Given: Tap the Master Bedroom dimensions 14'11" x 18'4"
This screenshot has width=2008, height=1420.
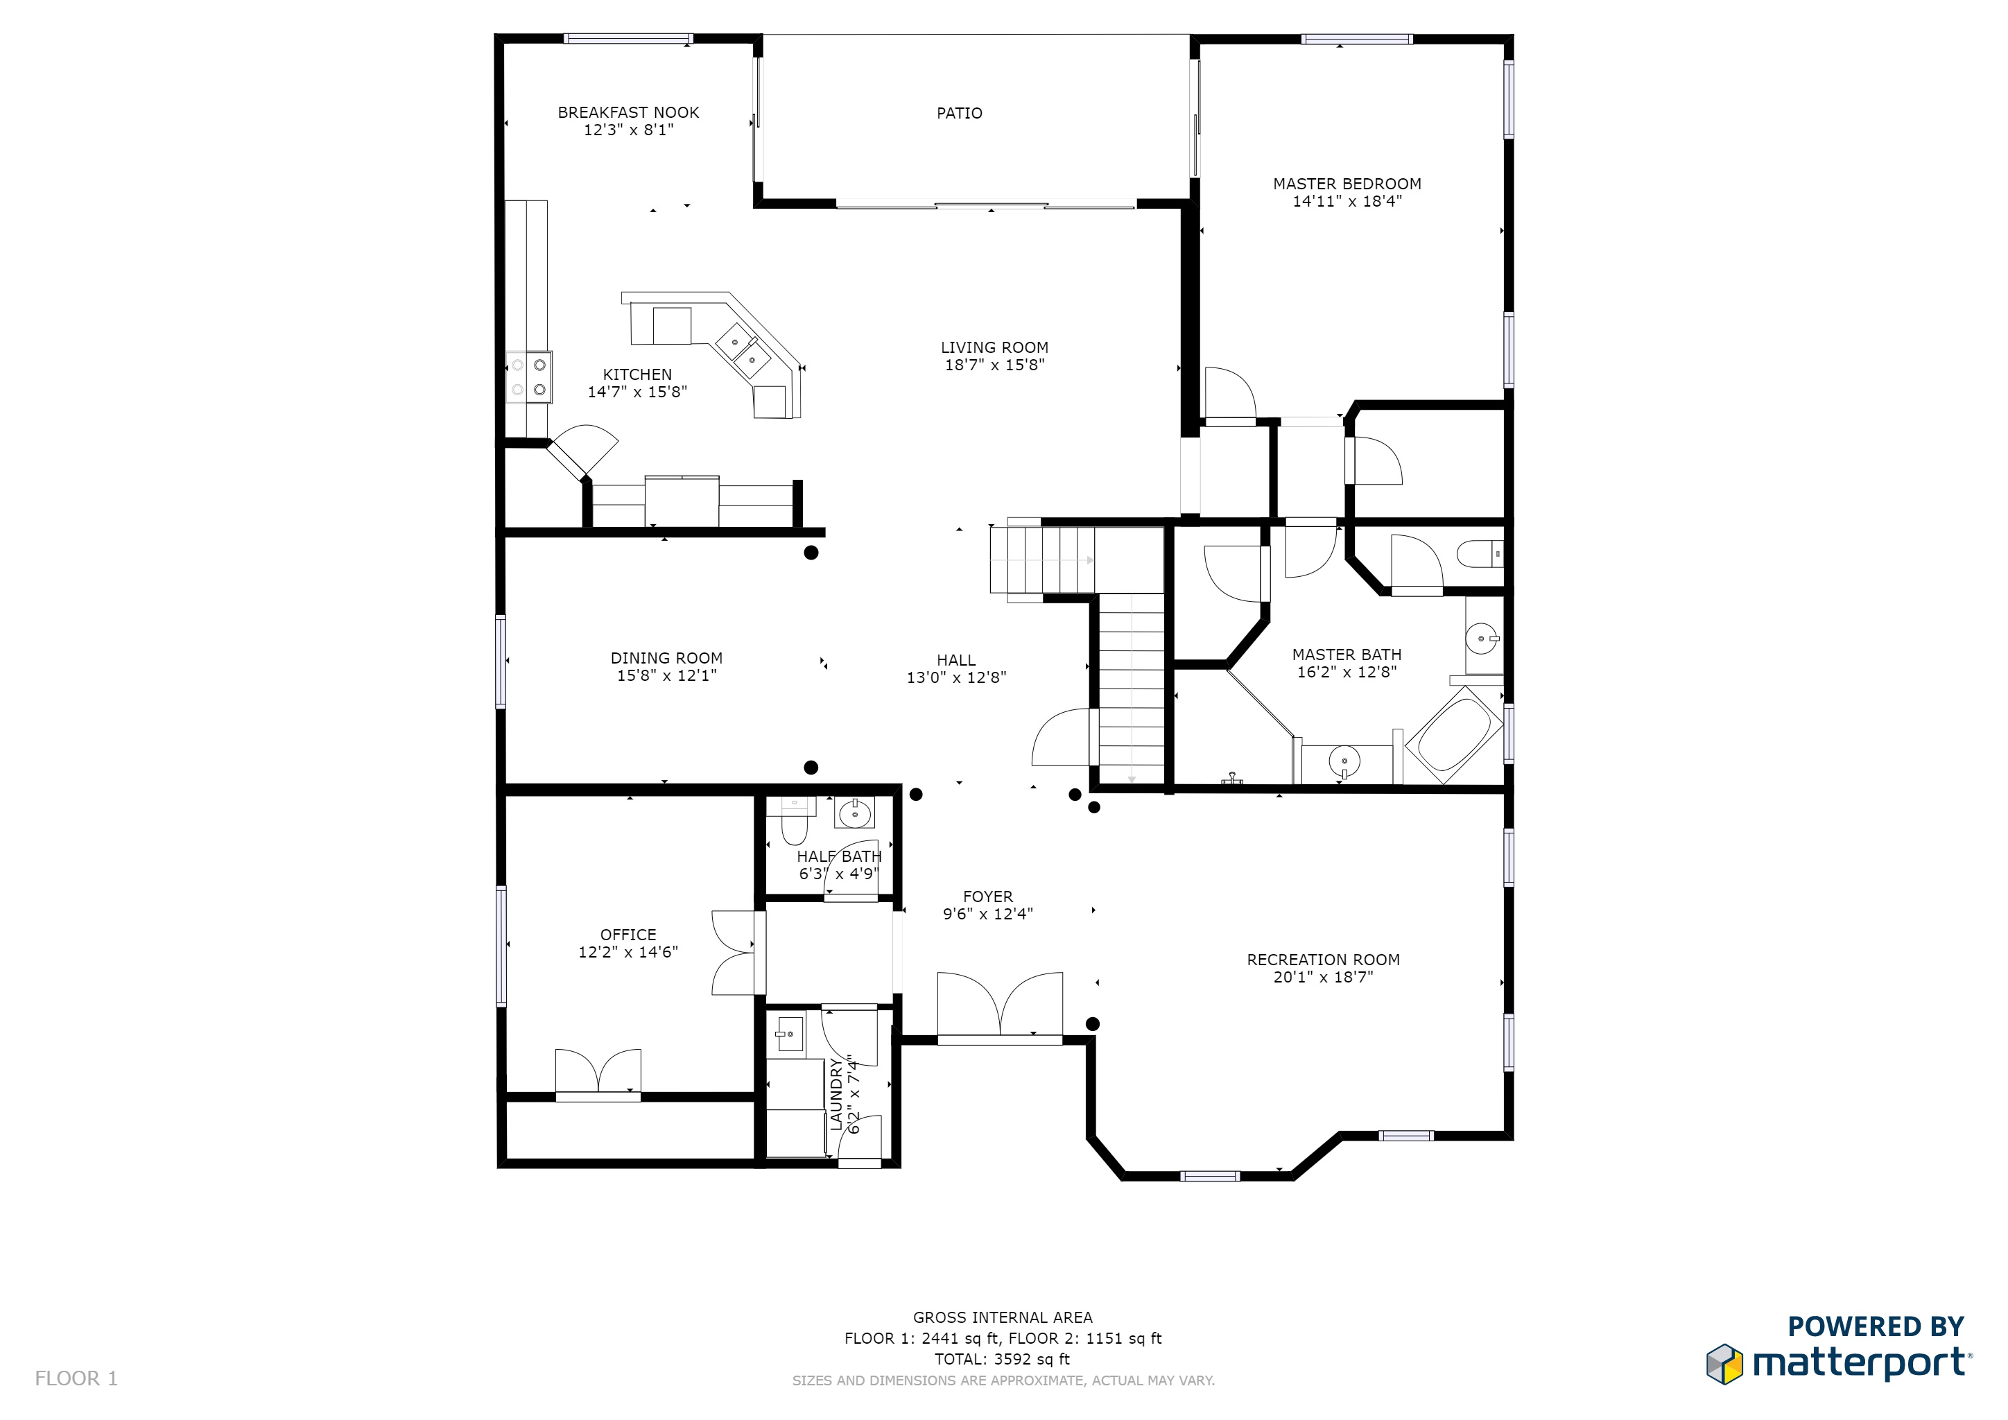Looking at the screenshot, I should tap(1347, 201).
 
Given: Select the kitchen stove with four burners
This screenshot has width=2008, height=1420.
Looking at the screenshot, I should tap(529, 377).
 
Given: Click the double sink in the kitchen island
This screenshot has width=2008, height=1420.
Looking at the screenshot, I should tap(743, 349).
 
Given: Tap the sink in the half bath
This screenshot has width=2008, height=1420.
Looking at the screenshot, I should tap(854, 814).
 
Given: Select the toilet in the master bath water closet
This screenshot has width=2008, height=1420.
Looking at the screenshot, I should tap(1479, 555).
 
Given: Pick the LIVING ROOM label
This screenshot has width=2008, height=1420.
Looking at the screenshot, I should tap(994, 348).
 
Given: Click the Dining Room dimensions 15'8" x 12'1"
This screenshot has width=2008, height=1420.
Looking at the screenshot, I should tap(666, 676).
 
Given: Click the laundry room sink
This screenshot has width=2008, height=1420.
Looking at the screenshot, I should tap(790, 1034).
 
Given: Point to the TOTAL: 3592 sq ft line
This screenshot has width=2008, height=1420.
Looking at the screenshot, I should tap(1002, 1359).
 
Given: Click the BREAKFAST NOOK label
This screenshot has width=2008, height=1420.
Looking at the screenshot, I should tap(628, 113).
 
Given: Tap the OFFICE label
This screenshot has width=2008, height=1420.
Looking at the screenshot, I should tap(628, 935).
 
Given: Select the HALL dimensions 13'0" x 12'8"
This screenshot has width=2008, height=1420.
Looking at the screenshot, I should tap(956, 677).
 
